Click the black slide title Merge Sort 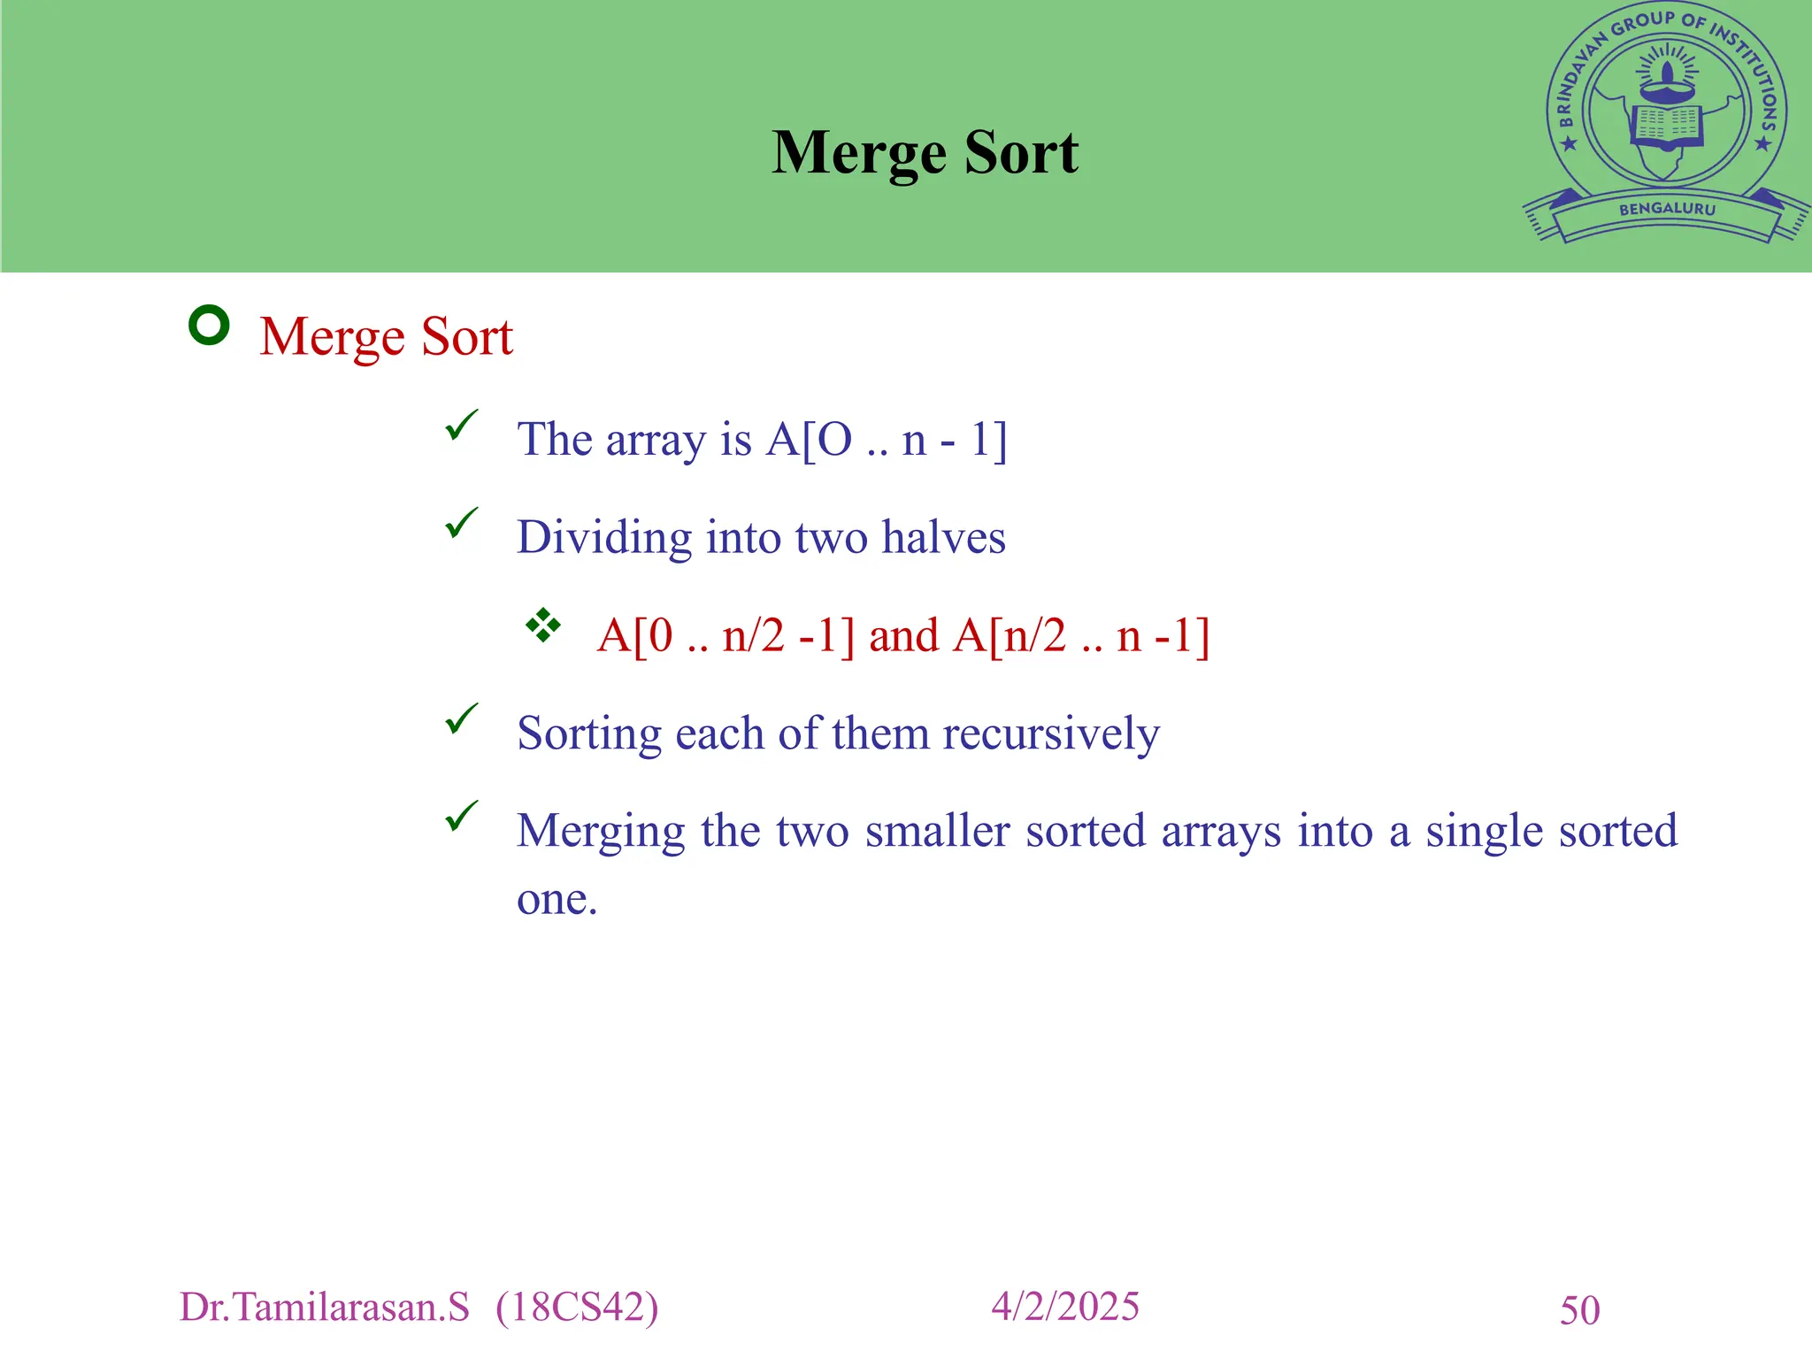[925, 153]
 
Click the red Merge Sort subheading [386, 337]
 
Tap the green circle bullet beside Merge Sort [210, 325]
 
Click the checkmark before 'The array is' [461, 426]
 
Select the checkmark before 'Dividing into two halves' [461, 523]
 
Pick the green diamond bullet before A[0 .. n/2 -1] [542, 626]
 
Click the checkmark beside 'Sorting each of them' [461, 718]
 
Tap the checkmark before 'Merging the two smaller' [461, 816]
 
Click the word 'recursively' [1050, 734]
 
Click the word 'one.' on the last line [557, 900]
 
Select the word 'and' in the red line [903, 636]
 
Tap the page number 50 [1579, 1310]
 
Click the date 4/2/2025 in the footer [1064, 1307]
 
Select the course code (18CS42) [577, 1308]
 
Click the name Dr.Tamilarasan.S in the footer [324, 1308]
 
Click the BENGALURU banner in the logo [1667, 210]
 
